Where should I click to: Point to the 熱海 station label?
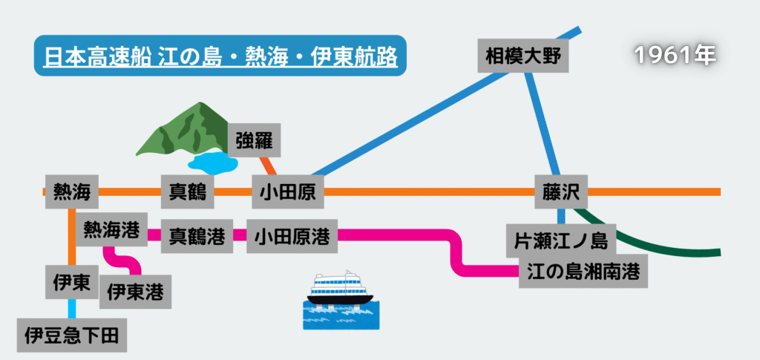click(71, 193)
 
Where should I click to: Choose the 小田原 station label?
click(287, 193)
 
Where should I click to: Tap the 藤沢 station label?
click(561, 193)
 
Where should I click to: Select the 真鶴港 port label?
click(197, 237)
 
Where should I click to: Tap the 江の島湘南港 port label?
click(583, 271)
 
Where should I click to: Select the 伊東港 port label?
click(135, 291)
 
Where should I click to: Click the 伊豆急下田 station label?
click(71, 334)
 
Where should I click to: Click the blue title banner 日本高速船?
click(220, 56)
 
